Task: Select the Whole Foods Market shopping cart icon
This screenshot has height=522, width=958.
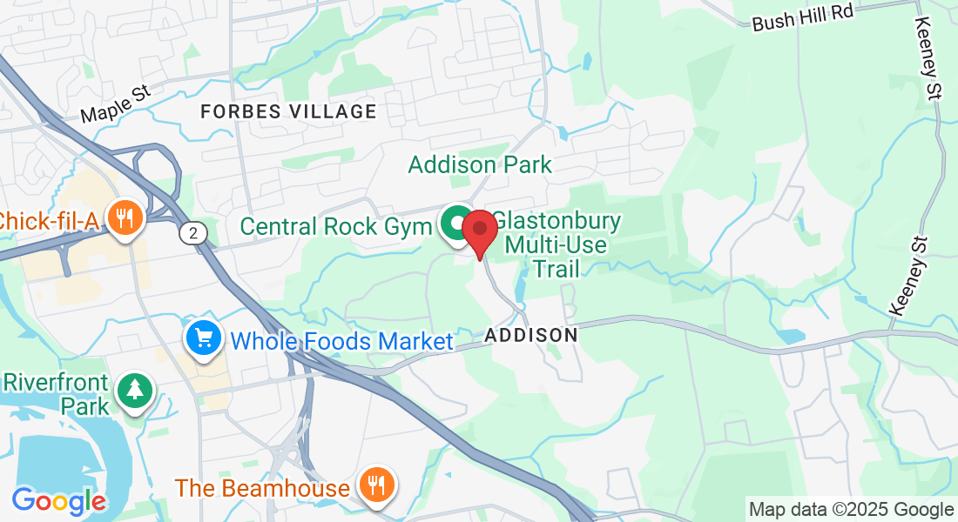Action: click(x=204, y=337)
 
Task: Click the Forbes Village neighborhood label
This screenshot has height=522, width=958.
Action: click(x=288, y=111)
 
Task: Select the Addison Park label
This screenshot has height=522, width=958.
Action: click(x=480, y=164)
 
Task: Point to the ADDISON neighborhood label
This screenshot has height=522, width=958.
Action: click(x=531, y=335)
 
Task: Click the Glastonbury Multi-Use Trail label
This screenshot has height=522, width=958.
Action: click(x=557, y=244)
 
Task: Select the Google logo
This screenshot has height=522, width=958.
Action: click(x=58, y=501)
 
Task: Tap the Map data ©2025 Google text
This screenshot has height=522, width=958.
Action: click(x=852, y=509)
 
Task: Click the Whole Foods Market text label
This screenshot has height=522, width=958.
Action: click(x=342, y=341)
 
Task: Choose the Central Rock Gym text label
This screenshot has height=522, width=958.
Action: click(x=335, y=227)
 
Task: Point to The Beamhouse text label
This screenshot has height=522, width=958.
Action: click(x=262, y=488)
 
